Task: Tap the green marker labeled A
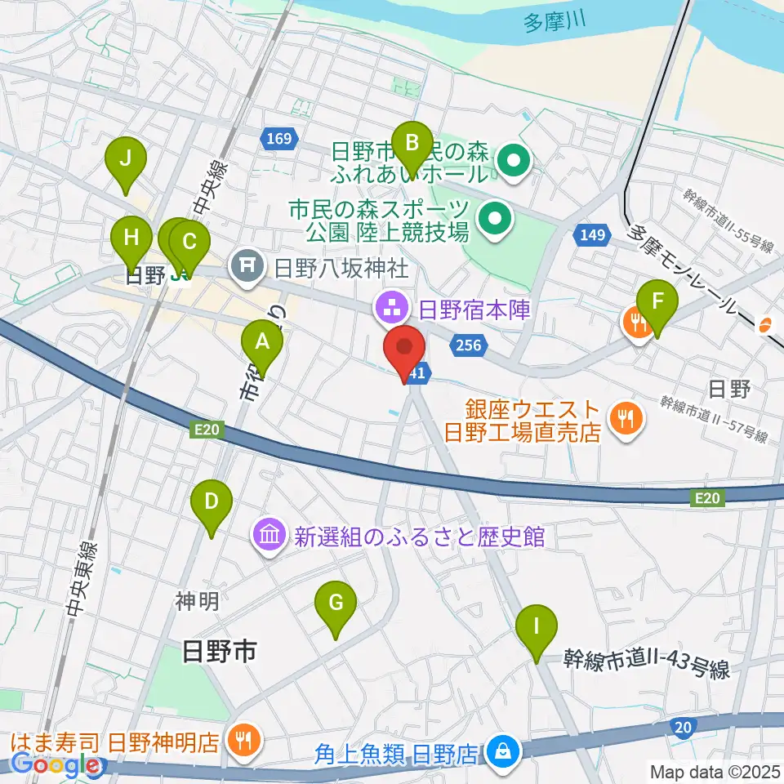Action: click(262, 341)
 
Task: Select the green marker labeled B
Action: click(412, 144)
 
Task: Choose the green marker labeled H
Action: click(131, 238)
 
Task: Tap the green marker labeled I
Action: click(537, 627)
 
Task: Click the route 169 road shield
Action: click(278, 140)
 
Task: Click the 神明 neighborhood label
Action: click(197, 602)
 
